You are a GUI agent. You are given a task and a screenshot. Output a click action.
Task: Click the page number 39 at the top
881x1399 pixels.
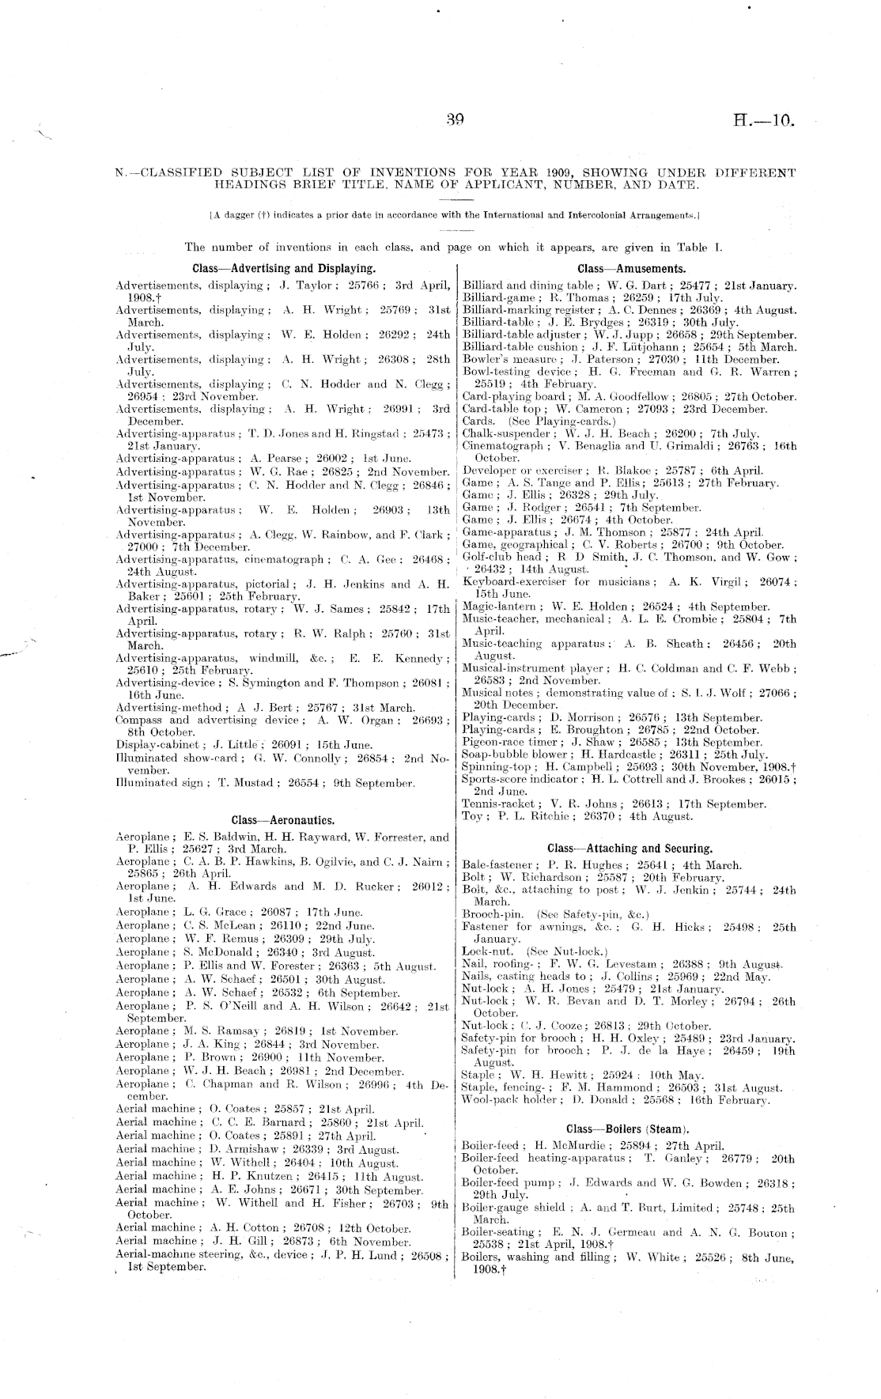(x=454, y=121)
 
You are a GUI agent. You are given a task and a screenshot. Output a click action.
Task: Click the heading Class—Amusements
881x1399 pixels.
(x=631, y=269)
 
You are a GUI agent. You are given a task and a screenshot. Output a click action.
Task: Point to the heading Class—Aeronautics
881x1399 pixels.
(x=283, y=820)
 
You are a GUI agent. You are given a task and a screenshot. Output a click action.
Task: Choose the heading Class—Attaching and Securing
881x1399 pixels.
(x=630, y=849)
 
